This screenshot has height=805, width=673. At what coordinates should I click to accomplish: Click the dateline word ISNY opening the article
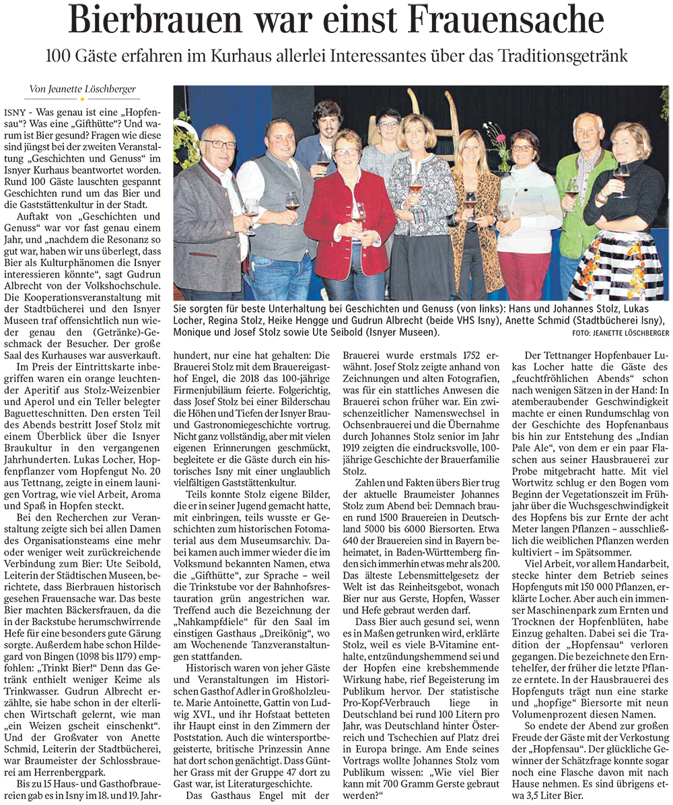13,110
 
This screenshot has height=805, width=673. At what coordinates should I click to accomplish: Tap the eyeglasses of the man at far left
219,144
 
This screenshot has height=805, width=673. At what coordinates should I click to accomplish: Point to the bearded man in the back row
326,135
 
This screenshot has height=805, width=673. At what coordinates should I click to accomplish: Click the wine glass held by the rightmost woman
620,172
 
